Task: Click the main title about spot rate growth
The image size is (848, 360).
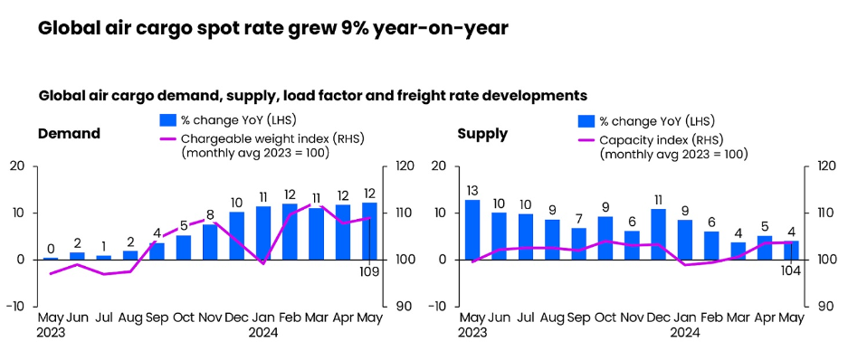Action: pos(272,28)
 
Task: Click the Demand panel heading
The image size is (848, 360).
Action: pos(69,134)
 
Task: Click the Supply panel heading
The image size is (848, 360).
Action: pos(482,134)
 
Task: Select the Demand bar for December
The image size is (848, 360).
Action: pos(237,235)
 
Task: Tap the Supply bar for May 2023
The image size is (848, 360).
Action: pos(472,230)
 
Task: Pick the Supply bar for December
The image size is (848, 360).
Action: pos(659,234)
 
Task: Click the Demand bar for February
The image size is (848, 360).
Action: pos(290,232)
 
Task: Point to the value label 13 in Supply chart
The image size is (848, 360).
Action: pos(472,190)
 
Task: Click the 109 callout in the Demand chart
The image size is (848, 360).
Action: pos(369,271)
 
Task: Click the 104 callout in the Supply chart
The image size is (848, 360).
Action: pos(792,271)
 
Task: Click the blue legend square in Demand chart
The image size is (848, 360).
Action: pos(167,120)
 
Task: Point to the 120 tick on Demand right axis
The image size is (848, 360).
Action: pos(403,166)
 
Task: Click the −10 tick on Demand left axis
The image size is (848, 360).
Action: pos(15,307)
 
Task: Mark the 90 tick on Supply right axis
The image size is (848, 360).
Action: pos(824,307)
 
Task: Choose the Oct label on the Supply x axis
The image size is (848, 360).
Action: pos(605,317)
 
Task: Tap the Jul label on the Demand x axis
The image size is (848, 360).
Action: pos(104,317)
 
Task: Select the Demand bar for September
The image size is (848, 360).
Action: pos(157,251)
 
